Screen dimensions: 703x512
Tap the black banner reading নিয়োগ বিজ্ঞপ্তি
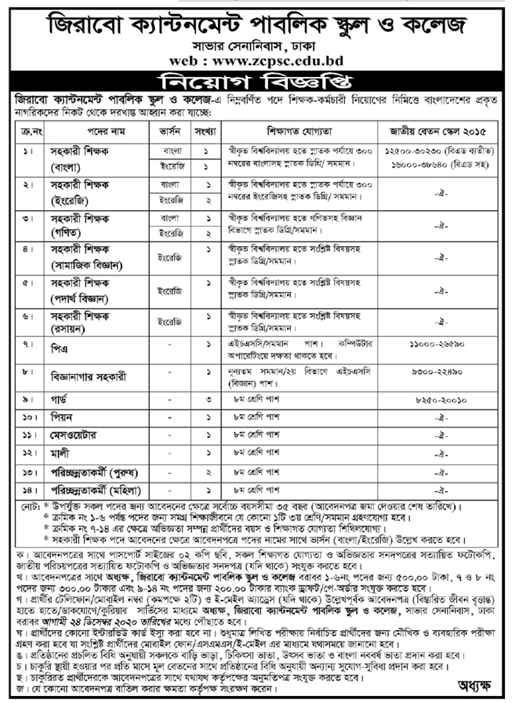(256, 82)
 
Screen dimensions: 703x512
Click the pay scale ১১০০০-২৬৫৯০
(439, 345)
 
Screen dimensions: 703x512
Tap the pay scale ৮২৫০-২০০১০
(439, 399)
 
